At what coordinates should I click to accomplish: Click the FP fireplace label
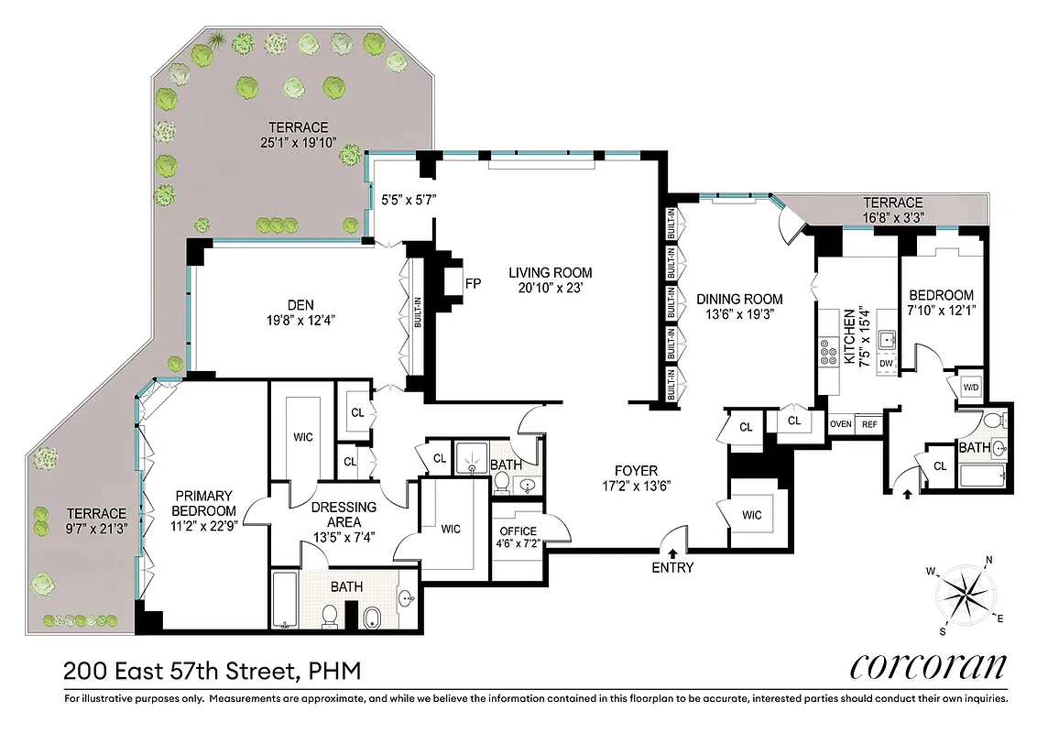[474, 283]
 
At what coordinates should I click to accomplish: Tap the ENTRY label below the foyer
[673, 567]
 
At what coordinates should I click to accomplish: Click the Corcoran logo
[929, 665]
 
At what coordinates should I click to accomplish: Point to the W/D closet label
[970, 387]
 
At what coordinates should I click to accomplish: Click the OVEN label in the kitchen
[840, 423]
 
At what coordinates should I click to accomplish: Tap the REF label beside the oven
[868, 423]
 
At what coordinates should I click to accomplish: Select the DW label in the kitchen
[885, 364]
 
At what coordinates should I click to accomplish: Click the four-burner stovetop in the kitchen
[829, 352]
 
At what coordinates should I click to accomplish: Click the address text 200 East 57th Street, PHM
[212, 671]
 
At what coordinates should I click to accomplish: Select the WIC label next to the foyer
[752, 515]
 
